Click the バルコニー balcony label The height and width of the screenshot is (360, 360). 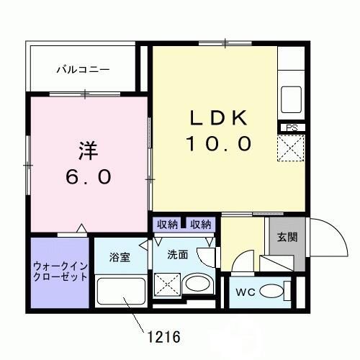(84, 70)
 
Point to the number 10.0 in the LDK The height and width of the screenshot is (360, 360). (219, 144)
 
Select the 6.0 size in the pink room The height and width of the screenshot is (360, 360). (87, 176)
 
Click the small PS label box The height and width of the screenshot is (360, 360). (292, 128)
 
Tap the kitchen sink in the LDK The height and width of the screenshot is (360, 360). (292, 96)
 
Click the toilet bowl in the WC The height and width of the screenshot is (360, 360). (271, 292)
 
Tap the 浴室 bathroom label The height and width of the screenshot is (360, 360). (120, 257)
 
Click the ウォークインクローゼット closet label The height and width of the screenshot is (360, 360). (60, 271)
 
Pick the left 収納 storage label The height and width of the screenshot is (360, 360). (168, 224)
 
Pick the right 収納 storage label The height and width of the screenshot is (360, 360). (201, 224)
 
